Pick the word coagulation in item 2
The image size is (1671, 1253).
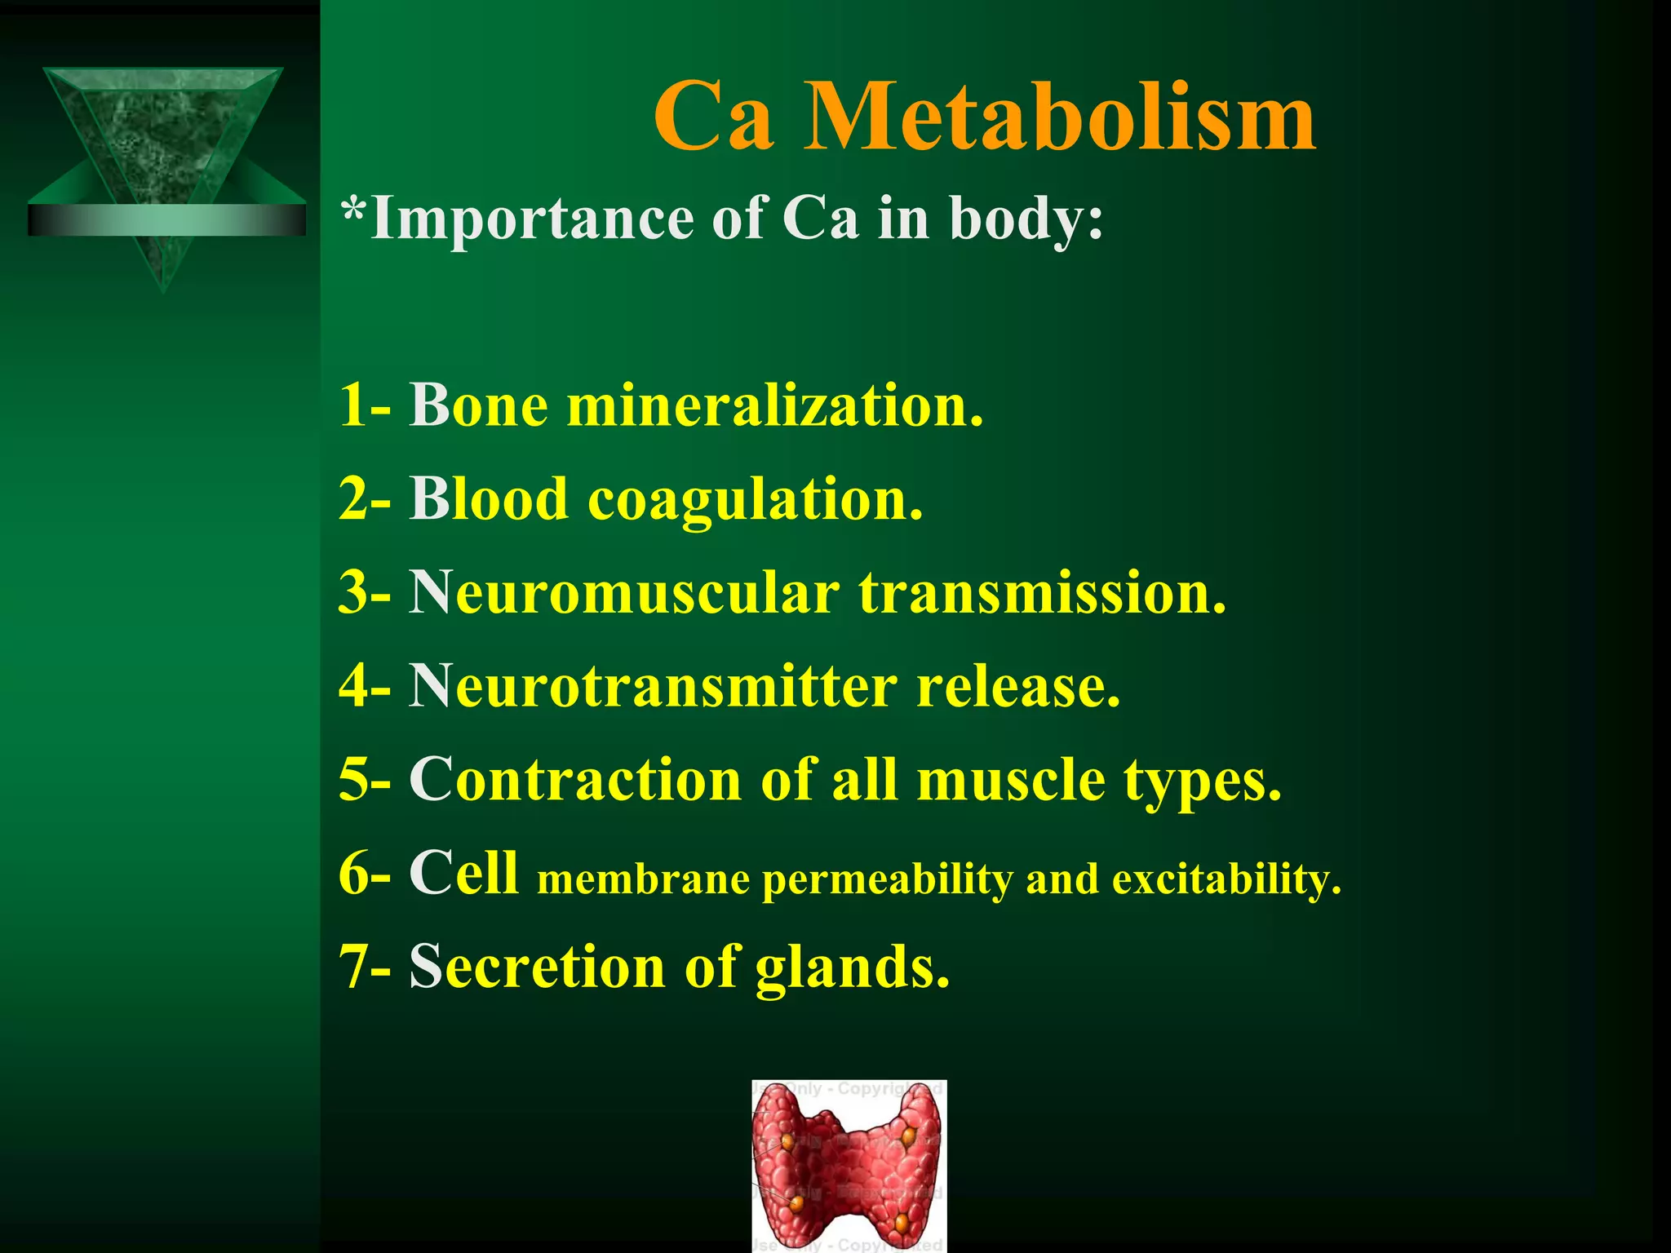point(755,499)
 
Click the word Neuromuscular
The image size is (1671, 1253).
point(624,592)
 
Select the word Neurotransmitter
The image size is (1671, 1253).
point(653,686)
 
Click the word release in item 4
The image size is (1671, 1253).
point(1018,686)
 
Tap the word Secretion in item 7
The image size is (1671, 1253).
point(537,966)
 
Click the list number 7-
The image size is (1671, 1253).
point(365,967)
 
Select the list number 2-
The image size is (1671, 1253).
point(365,499)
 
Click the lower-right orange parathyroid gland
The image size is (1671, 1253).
point(901,1222)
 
